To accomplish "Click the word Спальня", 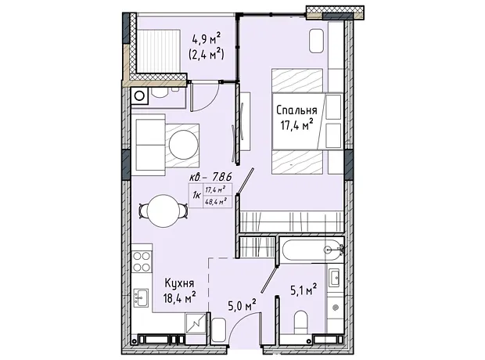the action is coord(296,110).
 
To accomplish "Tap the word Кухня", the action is coord(179,283).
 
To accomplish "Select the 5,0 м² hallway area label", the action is coord(242,306).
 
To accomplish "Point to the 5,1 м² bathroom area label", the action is coord(304,290).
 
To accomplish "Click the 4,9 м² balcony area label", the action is coord(207,40).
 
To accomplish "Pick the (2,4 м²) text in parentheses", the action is coord(207,55).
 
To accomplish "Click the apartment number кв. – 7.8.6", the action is coord(210,178).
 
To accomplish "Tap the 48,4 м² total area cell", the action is coord(214,202).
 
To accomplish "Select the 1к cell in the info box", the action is coord(196,196).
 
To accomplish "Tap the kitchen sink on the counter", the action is coord(141,297).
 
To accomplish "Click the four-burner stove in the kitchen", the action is coord(142,261).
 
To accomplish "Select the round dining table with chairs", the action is coord(163,211).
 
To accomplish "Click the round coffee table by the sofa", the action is coord(183,145).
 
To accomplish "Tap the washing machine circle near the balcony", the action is coord(139,96).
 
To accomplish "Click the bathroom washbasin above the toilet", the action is coord(335,278).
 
